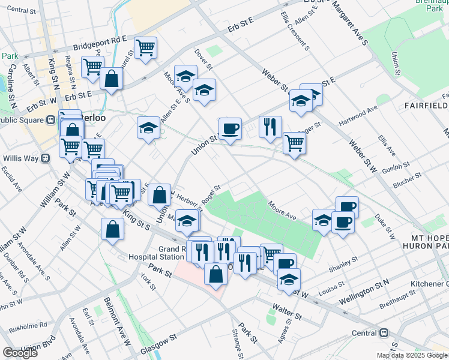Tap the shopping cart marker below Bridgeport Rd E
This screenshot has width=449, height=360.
(145, 47)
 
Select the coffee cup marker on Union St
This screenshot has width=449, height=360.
(229, 128)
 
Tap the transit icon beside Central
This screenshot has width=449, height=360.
(383, 333)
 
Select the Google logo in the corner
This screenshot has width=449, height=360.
(20, 353)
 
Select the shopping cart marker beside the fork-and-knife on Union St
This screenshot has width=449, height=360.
(294, 143)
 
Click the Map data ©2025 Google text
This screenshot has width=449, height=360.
(412, 355)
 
